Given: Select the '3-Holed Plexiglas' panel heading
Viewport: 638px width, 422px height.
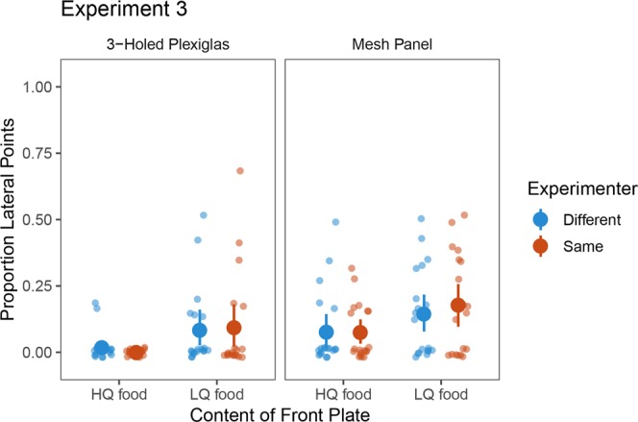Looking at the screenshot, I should coord(170,45).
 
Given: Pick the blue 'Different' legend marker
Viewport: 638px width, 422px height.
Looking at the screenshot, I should coord(539,219).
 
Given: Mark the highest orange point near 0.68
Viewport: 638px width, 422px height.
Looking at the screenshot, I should coord(240,171).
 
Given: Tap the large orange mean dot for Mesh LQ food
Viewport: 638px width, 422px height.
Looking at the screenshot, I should coord(458,306).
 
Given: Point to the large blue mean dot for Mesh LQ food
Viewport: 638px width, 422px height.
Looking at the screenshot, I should coord(424,314).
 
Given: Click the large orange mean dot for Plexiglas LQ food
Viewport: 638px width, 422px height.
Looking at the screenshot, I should coord(234,328).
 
